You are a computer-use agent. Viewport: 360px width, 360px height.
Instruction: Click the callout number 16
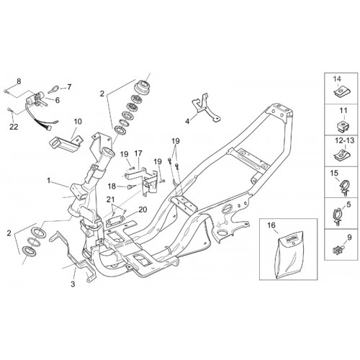(271, 225)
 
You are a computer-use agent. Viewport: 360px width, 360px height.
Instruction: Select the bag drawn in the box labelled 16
(288, 255)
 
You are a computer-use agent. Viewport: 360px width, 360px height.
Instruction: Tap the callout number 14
(337, 78)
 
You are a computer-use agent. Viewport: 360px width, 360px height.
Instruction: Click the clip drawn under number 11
(342, 127)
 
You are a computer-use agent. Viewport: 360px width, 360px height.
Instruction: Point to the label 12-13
(345, 140)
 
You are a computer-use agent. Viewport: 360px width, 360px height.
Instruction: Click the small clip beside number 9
(338, 250)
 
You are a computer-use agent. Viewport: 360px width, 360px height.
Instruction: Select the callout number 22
(14, 127)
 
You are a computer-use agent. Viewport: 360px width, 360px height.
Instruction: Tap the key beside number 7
(53, 89)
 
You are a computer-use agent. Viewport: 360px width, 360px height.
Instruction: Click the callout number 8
(19, 81)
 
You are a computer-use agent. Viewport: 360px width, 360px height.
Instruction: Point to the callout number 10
(78, 122)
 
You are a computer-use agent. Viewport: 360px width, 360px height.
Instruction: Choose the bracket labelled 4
(206, 108)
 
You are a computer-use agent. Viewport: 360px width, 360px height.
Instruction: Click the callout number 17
(138, 153)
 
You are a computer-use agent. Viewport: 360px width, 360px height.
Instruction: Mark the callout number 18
(112, 186)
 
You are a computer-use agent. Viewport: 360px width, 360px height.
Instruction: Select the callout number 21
(111, 199)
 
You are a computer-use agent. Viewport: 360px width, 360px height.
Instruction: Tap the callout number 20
(143, 210)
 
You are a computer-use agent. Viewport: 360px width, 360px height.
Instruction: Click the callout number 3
(73, 284)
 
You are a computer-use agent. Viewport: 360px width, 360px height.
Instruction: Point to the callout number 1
(49, 181)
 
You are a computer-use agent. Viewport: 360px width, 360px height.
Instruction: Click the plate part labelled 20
(114, 221)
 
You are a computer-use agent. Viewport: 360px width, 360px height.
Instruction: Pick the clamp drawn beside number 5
(338, 215)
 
